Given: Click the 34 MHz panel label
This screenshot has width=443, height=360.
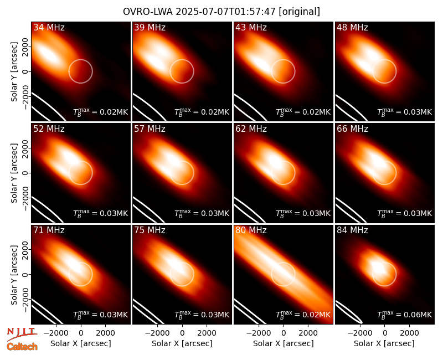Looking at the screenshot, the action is (x=49, y=27).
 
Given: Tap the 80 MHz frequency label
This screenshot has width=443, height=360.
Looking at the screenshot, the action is (x=251, y=230).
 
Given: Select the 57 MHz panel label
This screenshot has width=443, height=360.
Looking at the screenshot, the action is (x=150, y=129).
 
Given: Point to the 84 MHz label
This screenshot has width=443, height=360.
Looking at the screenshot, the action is (x=352, y=230).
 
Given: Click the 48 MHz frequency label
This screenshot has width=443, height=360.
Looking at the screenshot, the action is (x=352, y=27).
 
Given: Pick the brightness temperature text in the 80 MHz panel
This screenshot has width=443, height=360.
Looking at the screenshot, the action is (x=303, y=314).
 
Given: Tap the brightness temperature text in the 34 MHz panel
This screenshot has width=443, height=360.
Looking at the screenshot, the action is (x=101, y=112).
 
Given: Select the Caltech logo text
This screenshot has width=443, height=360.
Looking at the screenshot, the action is (x=22, y=347).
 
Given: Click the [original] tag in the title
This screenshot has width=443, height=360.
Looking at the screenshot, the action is (x=299, y=12).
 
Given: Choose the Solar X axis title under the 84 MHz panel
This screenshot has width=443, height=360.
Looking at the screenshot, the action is (x=384, y=343).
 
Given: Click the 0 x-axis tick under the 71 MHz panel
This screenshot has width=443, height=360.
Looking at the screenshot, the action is (x=81, y=333).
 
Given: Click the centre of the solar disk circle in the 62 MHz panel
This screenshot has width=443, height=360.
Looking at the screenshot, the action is (x=283, y=173).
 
